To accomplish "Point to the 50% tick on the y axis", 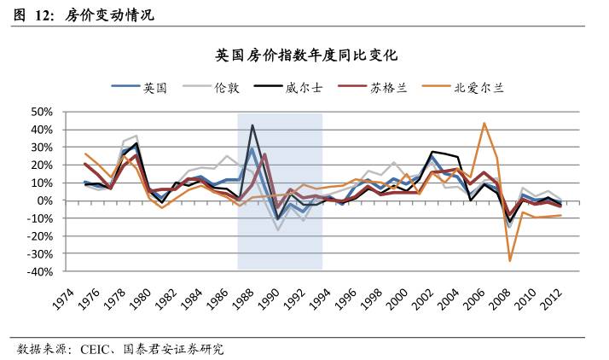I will coord(41,111).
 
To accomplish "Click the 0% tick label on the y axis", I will coord(44,200).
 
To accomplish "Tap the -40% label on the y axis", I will coord(38,272).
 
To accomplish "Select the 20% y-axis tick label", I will coord(41,165).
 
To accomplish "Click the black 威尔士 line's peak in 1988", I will coord(252,125).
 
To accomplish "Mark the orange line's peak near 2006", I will coord(484,123).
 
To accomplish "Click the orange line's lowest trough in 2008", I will coord(510,261).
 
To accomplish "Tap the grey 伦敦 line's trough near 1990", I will coord(278,230).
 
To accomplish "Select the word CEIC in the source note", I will coord(97,350).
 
